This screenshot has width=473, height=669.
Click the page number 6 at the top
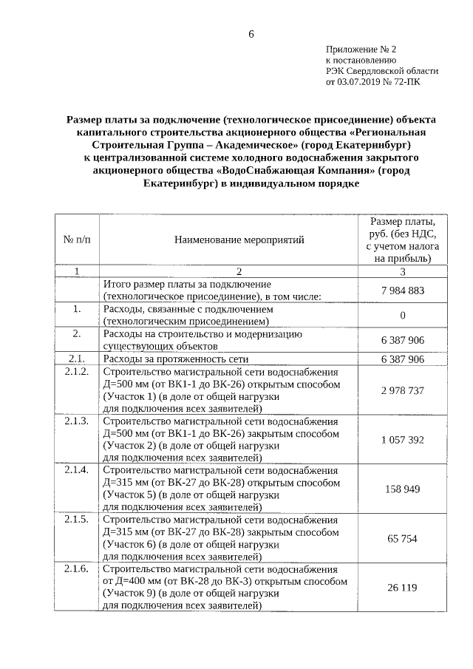point(251,34)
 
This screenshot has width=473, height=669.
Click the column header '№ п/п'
point(77,239)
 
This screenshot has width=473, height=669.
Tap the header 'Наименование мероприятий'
point(239,239)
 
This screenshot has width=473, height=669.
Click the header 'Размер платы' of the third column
point(403,221)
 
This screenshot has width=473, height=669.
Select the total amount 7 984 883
point(403,291)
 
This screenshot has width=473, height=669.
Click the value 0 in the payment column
point(403,316)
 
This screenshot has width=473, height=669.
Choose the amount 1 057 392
point(403,439)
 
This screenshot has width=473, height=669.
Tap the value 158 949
point(403,489)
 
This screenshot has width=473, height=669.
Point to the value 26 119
point(403,588)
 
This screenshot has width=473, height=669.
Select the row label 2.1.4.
point(77,470)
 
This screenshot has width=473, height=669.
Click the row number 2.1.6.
point(77,569)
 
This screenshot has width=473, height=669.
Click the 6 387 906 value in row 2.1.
point(403,359)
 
